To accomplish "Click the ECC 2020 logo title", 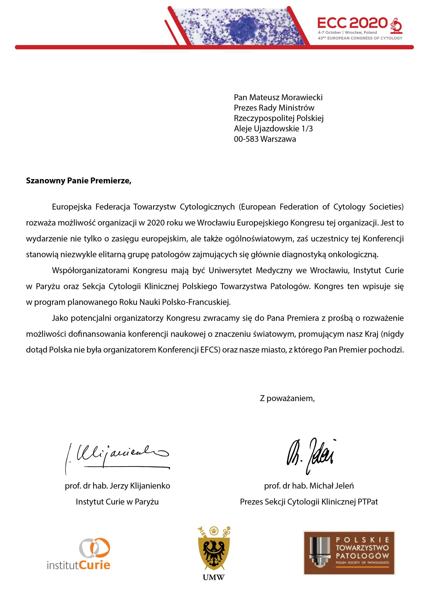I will coord(352,23).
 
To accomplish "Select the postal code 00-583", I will coord(246,139).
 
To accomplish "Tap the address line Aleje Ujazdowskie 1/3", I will coord(273,129).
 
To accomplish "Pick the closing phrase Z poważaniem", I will coord(287,406).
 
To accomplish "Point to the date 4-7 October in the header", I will coord(329,33).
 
